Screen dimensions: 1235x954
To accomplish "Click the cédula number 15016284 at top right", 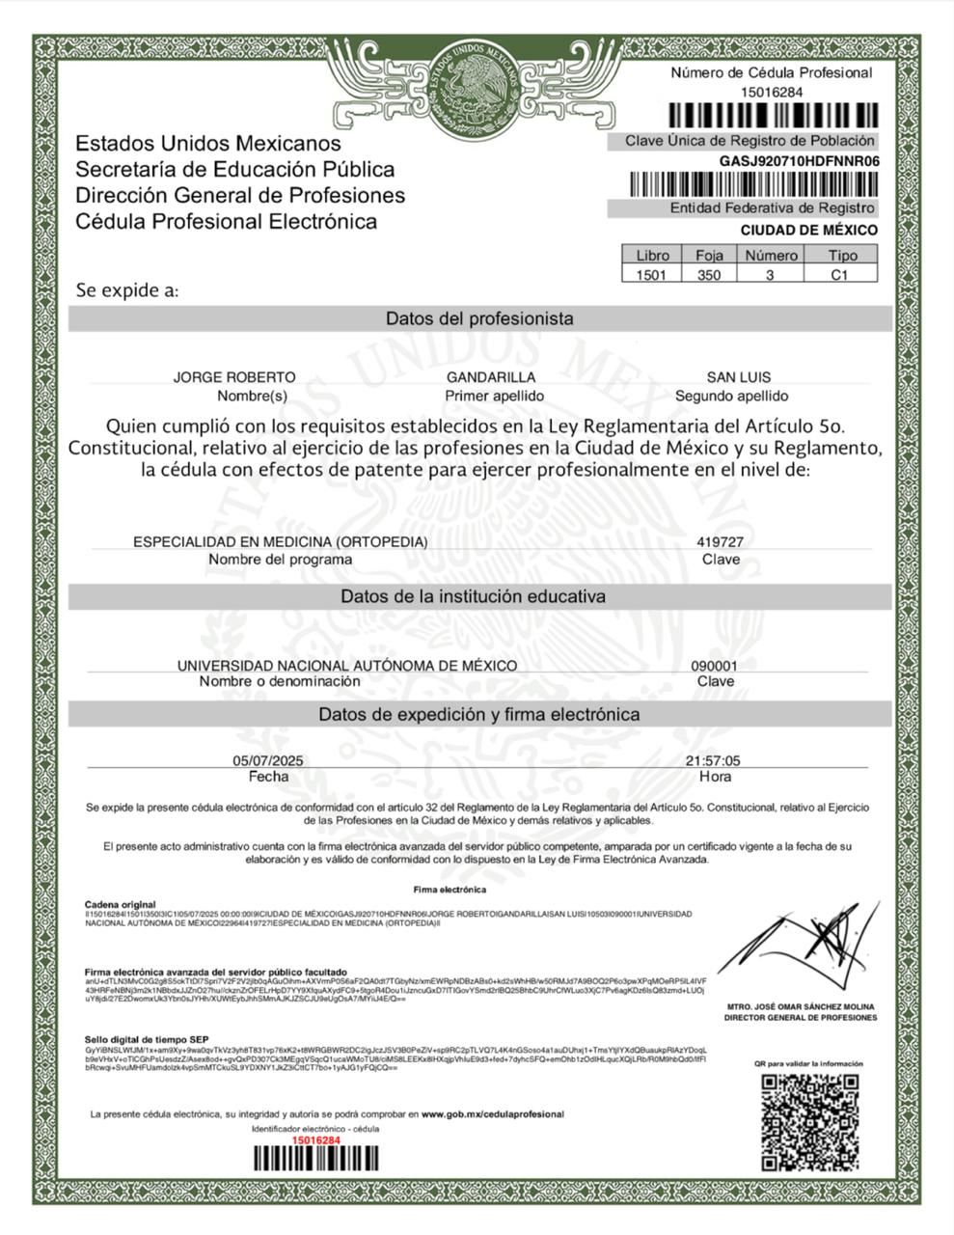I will coord(771,92).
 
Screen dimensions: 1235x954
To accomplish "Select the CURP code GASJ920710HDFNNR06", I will coord(799,161).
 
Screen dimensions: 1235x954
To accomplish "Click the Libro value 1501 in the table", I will coord(652,274).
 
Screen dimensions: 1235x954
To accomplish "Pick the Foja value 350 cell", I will coord(709,274).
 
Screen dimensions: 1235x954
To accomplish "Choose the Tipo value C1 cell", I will coord(839,274).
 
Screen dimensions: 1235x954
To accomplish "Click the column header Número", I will coord(770,256).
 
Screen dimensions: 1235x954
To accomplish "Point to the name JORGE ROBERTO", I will coord(234,377).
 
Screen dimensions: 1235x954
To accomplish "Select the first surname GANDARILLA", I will coord(491,377).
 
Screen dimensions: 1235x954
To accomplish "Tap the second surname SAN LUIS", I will coord(738,377).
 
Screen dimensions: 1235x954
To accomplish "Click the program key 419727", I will coord(720,542).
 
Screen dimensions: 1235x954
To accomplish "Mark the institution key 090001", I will coord(715,666).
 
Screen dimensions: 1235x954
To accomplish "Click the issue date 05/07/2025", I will coord(268,761).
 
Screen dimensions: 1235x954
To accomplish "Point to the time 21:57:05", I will coord(713,761).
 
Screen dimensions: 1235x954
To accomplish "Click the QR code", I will coord(809,1120).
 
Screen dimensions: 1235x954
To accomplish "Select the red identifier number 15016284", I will coord(316,1139).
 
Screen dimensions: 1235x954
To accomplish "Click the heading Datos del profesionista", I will coord(479,318).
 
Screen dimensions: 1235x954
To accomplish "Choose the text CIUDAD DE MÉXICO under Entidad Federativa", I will coord(808,231).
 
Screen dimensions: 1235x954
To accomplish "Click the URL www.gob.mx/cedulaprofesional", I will coord(492,1114).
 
